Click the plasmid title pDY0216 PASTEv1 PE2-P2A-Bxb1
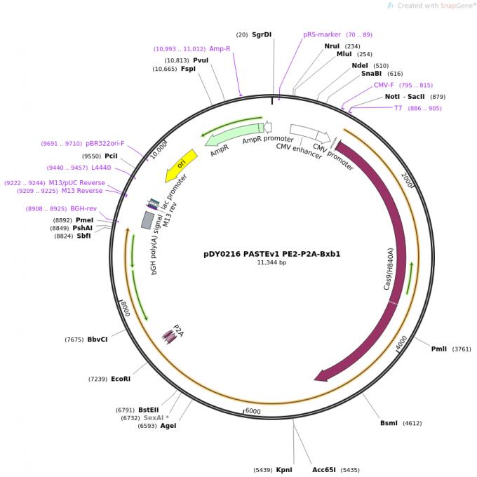click(271, 254)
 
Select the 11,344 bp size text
click(271, 263)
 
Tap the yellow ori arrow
click(180, 165)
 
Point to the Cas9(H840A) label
click(388, 269)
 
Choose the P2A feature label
click(178, 330)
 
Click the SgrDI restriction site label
click(262, 34)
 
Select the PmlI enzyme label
click(439, 349)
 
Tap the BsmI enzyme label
click(389, 423)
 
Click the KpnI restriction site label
click(284, 470)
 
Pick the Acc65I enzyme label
click(325, 470)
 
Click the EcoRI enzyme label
click(121, 379)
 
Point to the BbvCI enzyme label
click(98, 340)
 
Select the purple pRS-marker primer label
click(322, 34)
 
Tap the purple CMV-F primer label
click(384, 85)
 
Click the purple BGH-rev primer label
click(83, 208)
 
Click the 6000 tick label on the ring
click(253, 411)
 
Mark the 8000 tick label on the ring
click(123, 308)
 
